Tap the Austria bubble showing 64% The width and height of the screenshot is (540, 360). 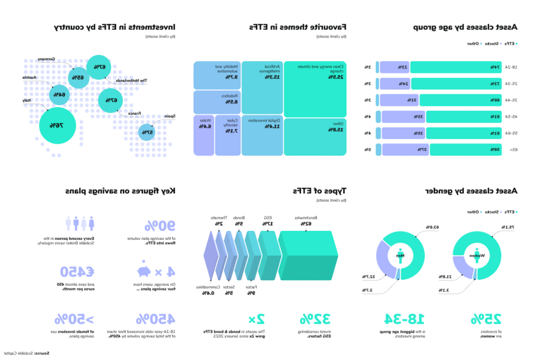pos(59,95)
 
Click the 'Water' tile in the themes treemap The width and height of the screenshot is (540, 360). pos(204,135)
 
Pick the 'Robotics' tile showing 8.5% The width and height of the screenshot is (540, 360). pos(216,102)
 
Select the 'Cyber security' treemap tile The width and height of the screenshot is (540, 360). pos(228,135)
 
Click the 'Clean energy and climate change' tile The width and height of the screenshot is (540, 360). pos(315,89)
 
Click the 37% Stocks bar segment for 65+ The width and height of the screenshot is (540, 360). pos(405,150)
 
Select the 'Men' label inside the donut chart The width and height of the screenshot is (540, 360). pos(400,256)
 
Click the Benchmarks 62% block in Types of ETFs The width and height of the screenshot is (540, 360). pos(307,256)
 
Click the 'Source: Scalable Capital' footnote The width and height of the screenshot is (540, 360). pos(25,353)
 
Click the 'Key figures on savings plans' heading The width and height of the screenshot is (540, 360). pos(120,191)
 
